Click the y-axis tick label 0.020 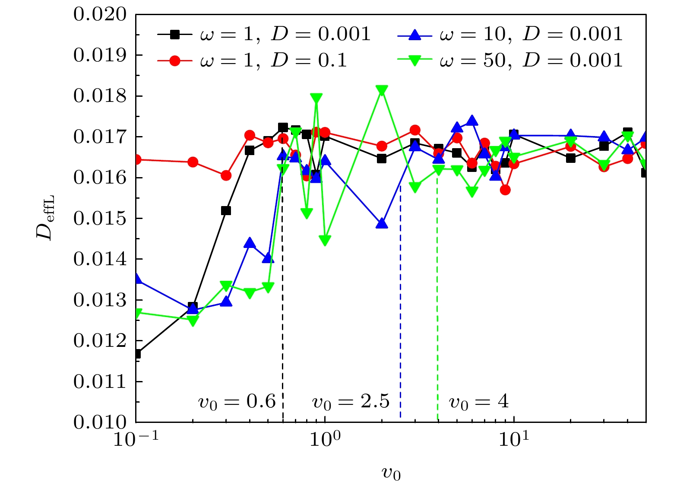pyautogui.click(x=100, y=15)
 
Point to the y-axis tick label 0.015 pyautogui.click(x=100, y=219)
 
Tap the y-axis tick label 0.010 pyautogui.click(x=100, y=422)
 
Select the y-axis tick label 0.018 pyautogui.click(x=100, y=96)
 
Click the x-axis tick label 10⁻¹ pyautogui.click(x=136, y=440)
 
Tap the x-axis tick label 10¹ pyautogui.click(x=514, y=440)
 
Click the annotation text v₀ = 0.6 pyautogui.click(x=237, y=402)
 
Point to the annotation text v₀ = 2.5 pyautogui.click(x=351, y=402)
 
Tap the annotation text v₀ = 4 pyautogui.click(x=479, y=402)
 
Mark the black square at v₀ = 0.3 pyautogui.click(x=226, y=211)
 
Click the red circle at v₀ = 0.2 pyautogui.click(x=193, y=162)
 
